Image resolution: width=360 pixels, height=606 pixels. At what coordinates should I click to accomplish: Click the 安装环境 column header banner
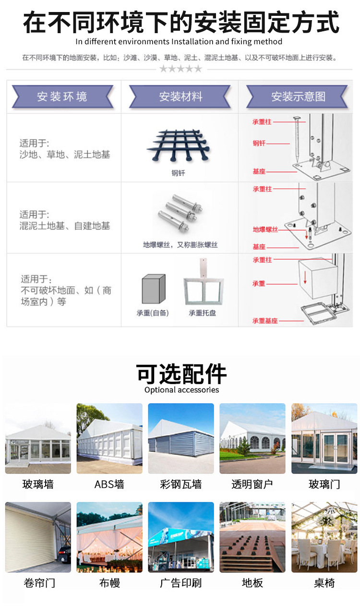pyautogui.click(x=62, y=97)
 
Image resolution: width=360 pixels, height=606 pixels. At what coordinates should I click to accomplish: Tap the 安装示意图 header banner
pyautogui.click(x=298, y=97)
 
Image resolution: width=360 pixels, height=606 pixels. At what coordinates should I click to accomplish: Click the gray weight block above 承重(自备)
pyautogui.click(x=153, y=289)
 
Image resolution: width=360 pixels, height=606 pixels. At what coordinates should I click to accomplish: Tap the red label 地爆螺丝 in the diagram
pyautogui.click(x=265, y=230)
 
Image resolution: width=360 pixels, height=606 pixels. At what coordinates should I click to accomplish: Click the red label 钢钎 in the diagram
pyautogui.click(x=259, y=143)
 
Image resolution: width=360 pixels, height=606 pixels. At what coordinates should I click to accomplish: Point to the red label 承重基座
pyautogui.click(x=265, y=320)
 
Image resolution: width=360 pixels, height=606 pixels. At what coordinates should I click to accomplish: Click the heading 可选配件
pyautogui.click(x=181, y=374)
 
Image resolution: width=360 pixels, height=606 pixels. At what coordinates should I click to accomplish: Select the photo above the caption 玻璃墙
pyautogui.click(x=38, y=439)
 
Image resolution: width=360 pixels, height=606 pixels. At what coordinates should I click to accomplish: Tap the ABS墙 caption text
pyautogui.click(x=109, y=484)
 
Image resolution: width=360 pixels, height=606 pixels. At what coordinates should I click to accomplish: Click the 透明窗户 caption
pyautogui.click(x=252, y=484)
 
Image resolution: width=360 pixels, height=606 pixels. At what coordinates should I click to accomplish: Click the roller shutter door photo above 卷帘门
pyautogui.click(x=38, y=537)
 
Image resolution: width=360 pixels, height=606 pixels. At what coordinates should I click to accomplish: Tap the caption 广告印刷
pyautogui.click(x=181, y=583)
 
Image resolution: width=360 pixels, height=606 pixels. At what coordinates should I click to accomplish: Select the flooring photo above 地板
pyautogui.click(x=252, y=537)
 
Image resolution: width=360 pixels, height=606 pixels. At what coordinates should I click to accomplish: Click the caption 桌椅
pyautogui.click(x=324, y=583)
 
